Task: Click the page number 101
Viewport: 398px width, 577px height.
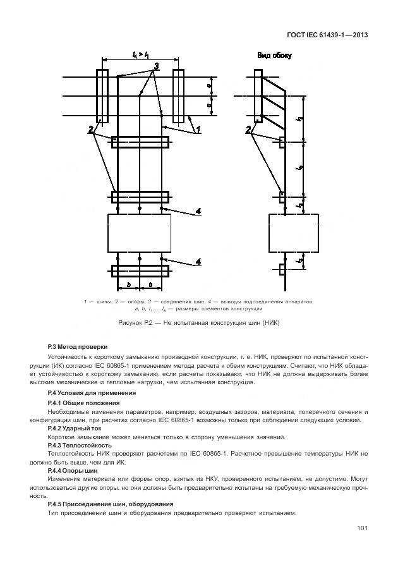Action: pos(362,528)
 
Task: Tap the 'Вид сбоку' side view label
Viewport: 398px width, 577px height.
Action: pos(274,56)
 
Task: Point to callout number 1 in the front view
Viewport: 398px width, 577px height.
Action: pos(198,130)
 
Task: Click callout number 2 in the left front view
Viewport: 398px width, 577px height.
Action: pos(92,130)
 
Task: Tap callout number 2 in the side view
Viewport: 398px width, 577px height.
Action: pos(248,130)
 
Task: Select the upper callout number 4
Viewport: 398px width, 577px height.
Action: pos(198,212)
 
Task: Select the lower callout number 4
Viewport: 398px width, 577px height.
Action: pos(198,261)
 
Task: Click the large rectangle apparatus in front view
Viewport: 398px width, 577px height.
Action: pos(139,233)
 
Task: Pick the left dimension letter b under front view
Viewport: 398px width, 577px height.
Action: pos(128,285)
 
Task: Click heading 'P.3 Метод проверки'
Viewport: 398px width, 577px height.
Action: pos(78,346)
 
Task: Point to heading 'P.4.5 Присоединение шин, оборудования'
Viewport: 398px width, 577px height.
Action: pos(102,504)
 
